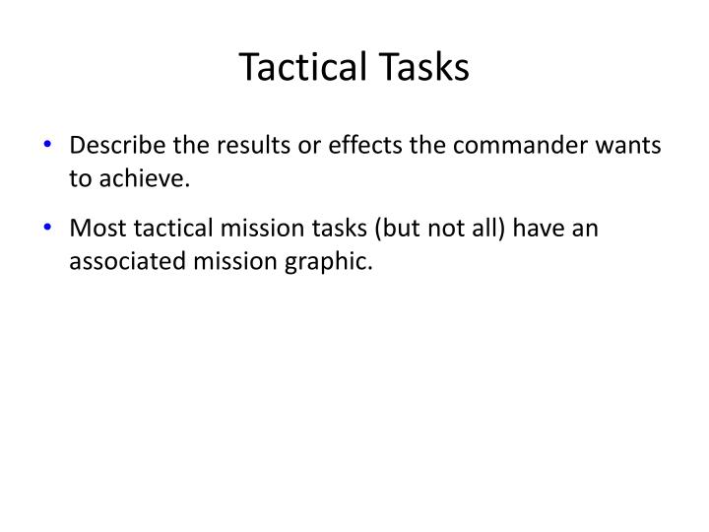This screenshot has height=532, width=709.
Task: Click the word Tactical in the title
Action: (299, 66)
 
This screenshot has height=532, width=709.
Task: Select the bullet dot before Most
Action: (49, 228)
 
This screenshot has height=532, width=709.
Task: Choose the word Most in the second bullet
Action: (95, 229)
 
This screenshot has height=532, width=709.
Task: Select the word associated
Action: (127, 261)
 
